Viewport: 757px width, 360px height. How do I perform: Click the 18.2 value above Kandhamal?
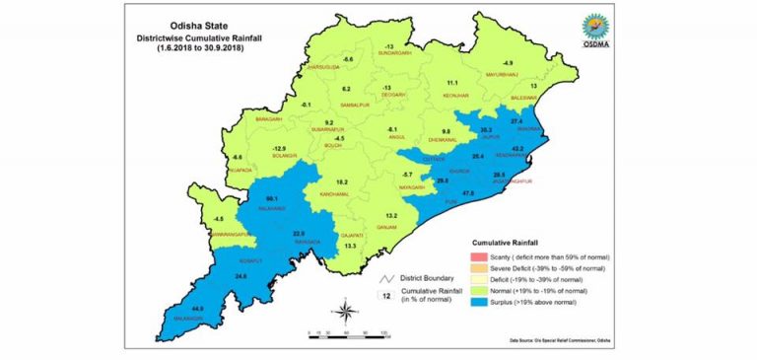coord(341,182)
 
